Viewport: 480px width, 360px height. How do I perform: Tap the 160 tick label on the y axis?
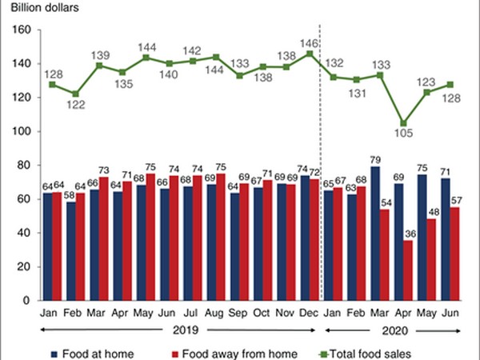point(22,30)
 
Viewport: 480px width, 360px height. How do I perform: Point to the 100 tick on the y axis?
point(22,131)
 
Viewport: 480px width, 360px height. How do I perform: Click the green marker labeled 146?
point(309,54)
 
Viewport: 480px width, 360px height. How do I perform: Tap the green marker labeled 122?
point(75,94)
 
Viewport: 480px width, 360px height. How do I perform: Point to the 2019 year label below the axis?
point(180,327)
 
